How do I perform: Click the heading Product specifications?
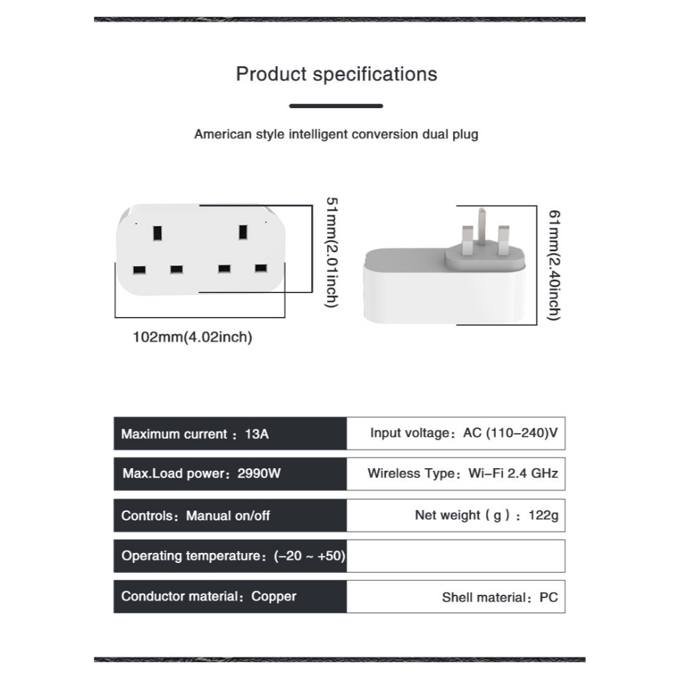tap(336, 74)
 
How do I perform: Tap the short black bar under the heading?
tap(336, 105)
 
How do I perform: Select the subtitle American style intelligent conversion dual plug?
tap(336, 134)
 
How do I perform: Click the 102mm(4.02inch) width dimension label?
tap(192, 337)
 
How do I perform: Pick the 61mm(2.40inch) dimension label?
tap(554, 265)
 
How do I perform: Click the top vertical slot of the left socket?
tap(157, 233)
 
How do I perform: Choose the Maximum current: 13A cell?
tap(230, 434)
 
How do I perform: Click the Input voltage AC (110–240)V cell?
tap(456, 434)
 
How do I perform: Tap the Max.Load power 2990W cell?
tap(230, 474)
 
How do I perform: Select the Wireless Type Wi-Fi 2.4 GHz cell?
tap(456, 473)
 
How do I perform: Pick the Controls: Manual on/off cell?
tap(230, 515)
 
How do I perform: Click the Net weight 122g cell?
tap(456, 515)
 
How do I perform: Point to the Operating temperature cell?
tap(230, 556)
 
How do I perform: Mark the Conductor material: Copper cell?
tap(230, 596)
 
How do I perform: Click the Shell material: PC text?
tap(499, 597)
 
